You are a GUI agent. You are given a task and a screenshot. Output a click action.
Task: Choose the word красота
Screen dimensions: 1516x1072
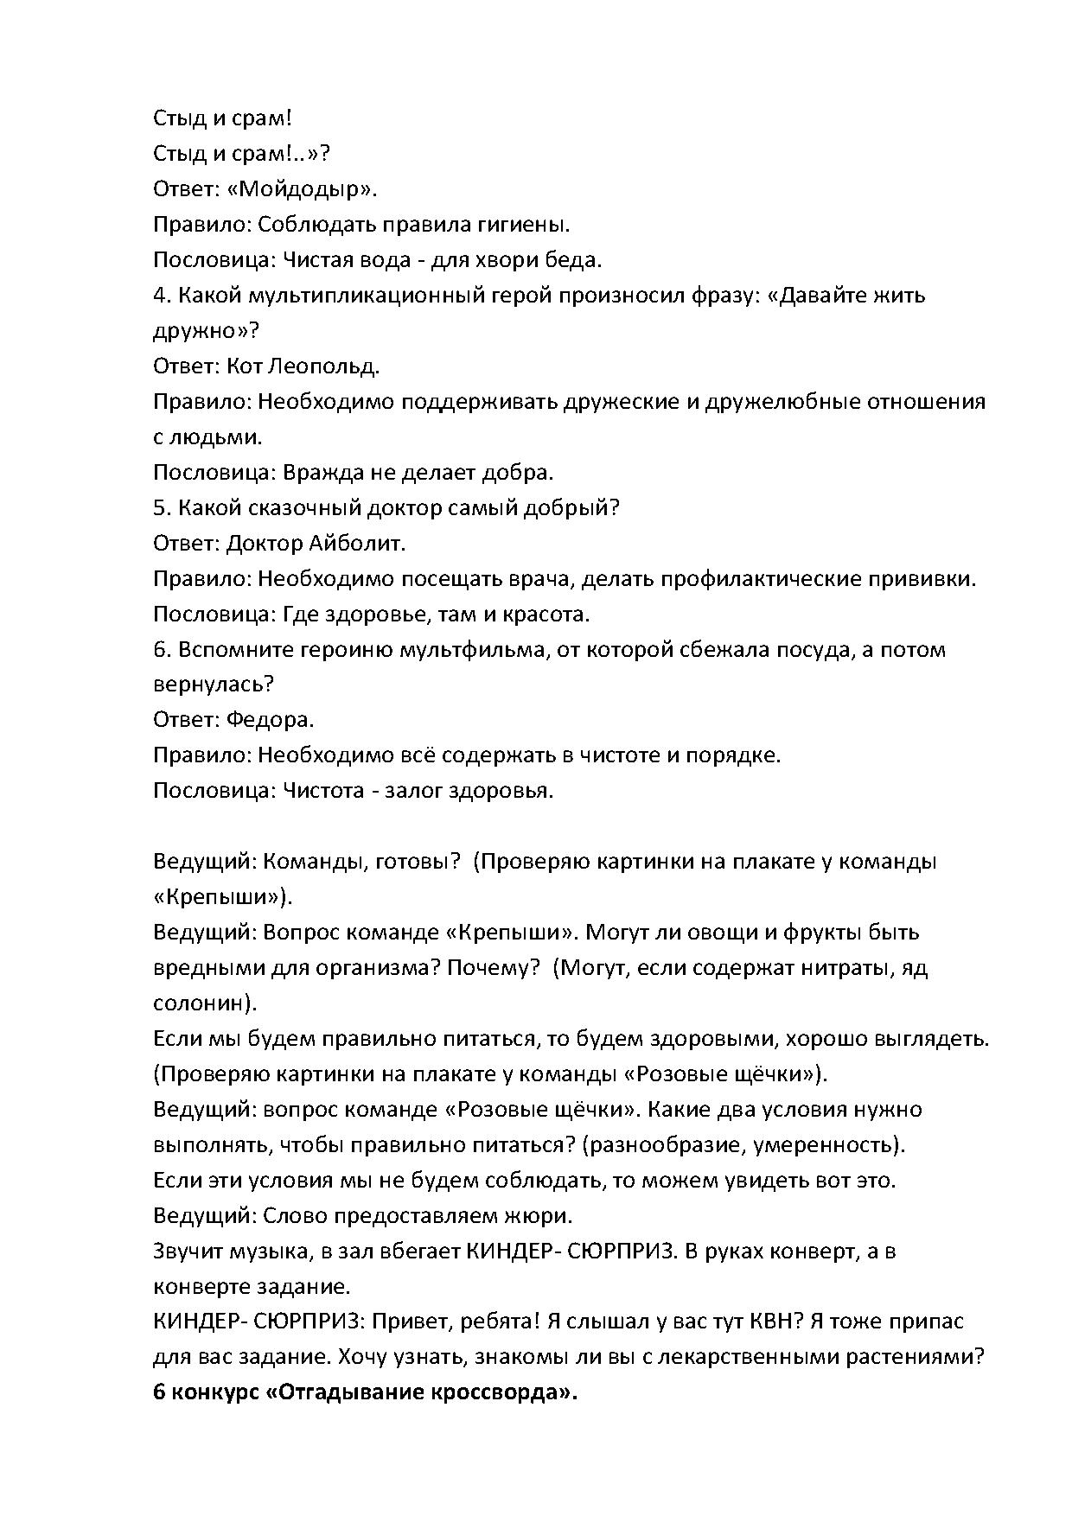545,615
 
